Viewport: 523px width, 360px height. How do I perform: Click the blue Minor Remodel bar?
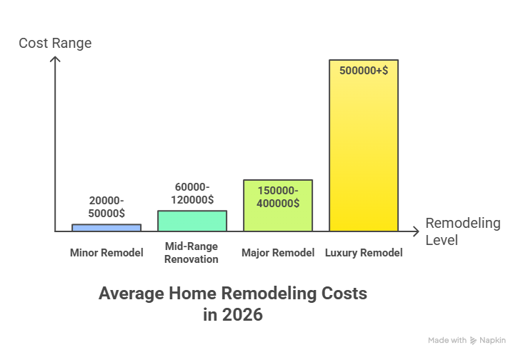coord(106,228)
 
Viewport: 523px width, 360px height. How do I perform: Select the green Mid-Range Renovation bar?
coord(191,221)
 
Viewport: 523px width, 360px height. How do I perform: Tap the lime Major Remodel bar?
coord(278,214)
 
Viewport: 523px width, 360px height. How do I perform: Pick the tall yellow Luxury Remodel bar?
coord(363,157)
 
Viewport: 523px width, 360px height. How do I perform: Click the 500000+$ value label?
coord(364,73)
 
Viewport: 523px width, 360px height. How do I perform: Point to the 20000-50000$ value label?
coord(106,207)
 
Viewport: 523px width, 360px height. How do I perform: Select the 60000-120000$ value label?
coord(191,194)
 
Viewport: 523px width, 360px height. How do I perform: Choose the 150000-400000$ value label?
coord(277,196)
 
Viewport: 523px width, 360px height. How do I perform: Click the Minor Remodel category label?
coord(106,253)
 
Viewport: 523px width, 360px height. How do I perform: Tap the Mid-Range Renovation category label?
coord(191,253)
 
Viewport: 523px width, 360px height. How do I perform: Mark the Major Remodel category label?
coord(278,253)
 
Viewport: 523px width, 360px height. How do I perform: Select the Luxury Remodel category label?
coord(364,253)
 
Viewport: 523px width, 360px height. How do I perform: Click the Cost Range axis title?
coord(55,44)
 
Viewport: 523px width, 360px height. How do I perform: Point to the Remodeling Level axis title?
coord(462,231)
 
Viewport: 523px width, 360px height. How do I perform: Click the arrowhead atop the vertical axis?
coord(54,61)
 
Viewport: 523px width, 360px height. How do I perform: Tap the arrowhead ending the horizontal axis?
coord(416,231)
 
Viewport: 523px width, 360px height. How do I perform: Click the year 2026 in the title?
coord(241,315)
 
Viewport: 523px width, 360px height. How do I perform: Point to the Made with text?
coord(447,341)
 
